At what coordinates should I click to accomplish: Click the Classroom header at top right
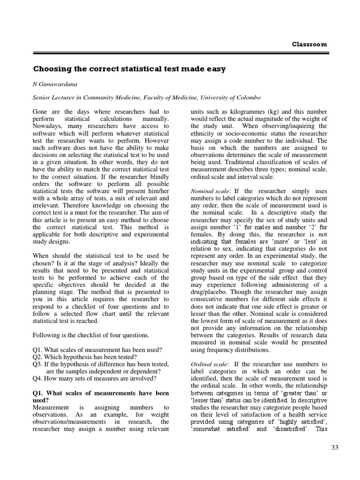point(309,44)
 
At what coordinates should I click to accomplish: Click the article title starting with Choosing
point(129,69)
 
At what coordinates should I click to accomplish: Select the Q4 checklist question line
point(94,378)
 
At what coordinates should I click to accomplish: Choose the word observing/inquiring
point(298,126)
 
